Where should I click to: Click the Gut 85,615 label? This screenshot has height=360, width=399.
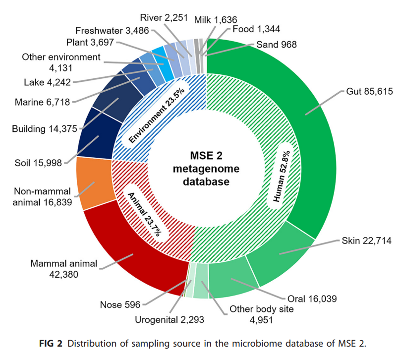(x=366, y=92)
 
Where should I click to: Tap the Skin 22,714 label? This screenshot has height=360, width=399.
(x=367, y=241)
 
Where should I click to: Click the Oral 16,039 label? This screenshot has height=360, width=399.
(x=312, y=299)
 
